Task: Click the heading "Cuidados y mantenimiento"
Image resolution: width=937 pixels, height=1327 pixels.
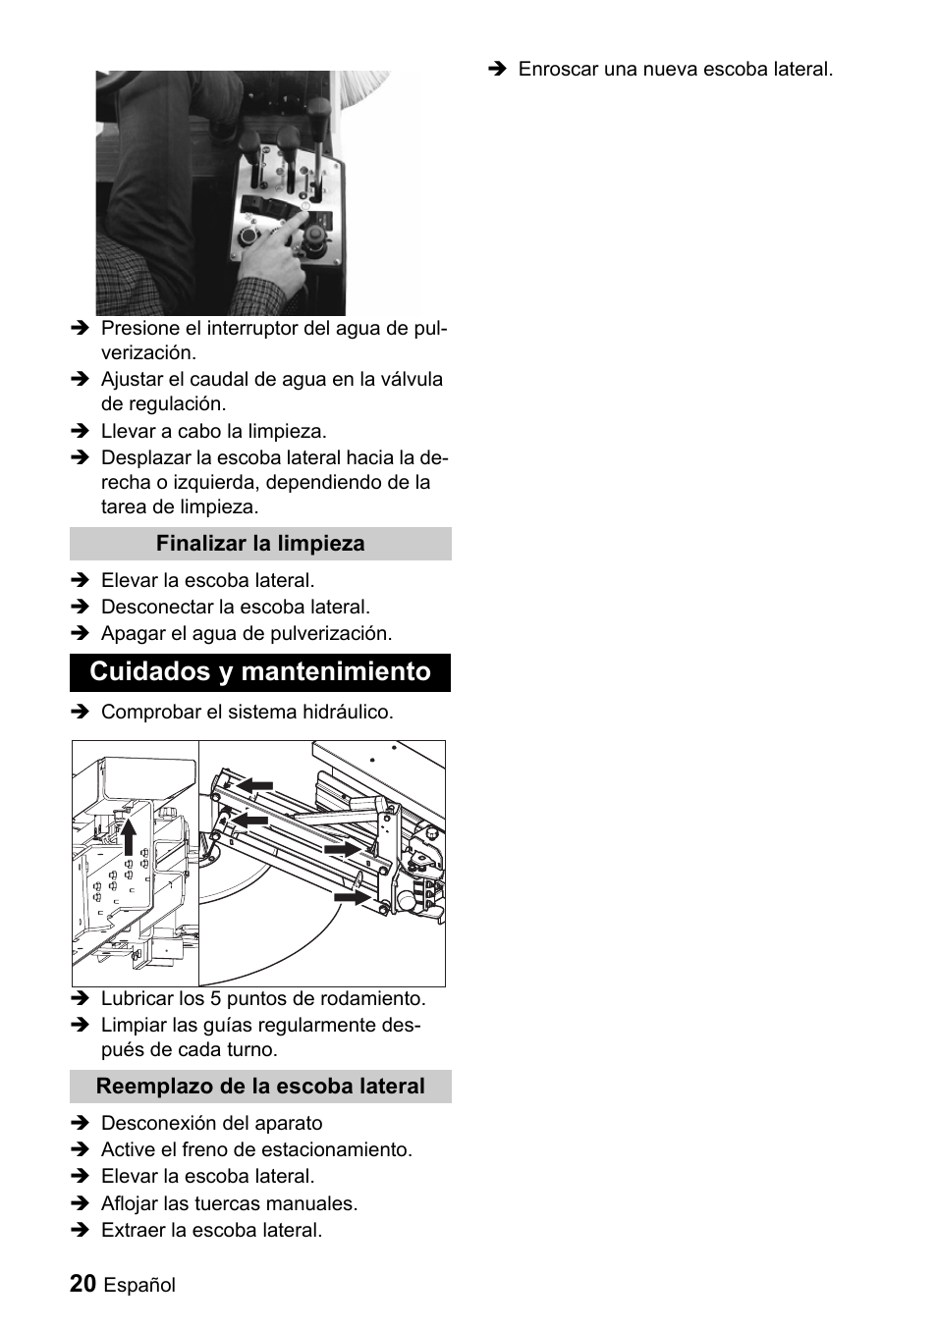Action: [259, 672]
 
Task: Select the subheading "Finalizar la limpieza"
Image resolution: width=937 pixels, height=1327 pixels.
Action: [259, 544]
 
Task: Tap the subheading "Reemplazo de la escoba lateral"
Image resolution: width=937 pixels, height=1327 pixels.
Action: [260, 1087]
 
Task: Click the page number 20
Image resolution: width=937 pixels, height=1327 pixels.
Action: [83, 1284]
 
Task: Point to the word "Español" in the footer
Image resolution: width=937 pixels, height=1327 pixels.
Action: [139, 1286]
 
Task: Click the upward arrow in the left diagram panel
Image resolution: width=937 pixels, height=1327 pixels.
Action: [128, 838]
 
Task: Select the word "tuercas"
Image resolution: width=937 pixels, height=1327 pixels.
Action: [258, 1204]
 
